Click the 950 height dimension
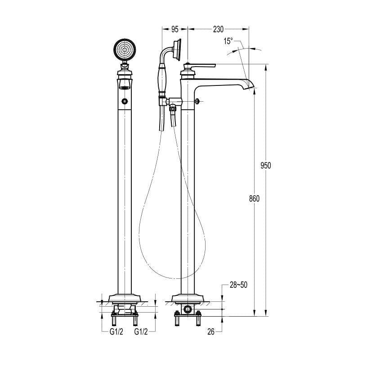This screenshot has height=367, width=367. click(x=266, y=166)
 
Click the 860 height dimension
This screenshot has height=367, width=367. click(x=254, y=199)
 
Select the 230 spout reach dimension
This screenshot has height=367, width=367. click(x=218, y=29)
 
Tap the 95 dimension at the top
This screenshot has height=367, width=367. click(x=175, y=29)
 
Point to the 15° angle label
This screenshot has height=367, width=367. click(x=228, y=41)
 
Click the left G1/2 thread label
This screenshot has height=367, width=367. click(x=116, y=332)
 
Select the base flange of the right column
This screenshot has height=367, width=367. click(x=188, y=298)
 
